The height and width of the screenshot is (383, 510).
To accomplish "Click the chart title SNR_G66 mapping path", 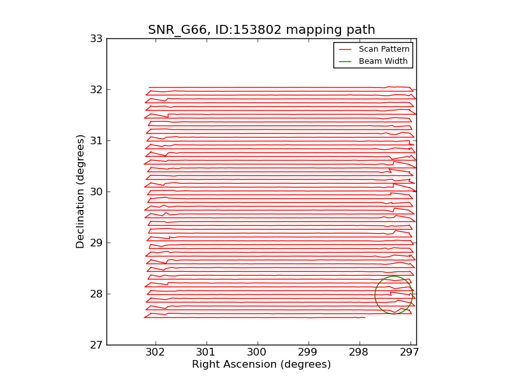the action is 261,29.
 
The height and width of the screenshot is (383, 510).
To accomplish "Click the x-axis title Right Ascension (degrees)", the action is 261,364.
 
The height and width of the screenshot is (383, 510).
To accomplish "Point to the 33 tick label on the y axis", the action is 96,39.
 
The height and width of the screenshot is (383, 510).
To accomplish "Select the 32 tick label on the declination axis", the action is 96,89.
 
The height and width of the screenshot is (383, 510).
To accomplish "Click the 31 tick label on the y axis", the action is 96,140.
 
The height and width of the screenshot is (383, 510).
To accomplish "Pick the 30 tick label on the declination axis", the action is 96,192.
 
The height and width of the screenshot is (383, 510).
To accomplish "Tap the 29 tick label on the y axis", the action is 96,243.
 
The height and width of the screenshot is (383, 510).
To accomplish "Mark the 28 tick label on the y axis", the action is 96,294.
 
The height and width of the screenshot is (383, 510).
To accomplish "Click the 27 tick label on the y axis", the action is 96,345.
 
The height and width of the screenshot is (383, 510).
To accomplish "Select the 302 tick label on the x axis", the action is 155,352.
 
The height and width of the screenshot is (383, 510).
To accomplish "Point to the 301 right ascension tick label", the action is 206,352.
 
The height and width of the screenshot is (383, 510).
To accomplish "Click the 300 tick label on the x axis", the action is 257,352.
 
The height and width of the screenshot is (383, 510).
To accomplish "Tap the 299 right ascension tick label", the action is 308,352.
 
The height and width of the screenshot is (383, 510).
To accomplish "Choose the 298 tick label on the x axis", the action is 359,352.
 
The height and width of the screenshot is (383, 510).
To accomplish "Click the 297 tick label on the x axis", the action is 410,352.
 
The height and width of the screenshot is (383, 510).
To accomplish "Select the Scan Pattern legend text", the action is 384,49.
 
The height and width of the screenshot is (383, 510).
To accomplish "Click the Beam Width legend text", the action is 383,61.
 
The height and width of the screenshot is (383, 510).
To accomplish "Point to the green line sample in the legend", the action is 345,61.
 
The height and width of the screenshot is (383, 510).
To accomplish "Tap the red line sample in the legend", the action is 345,50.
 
